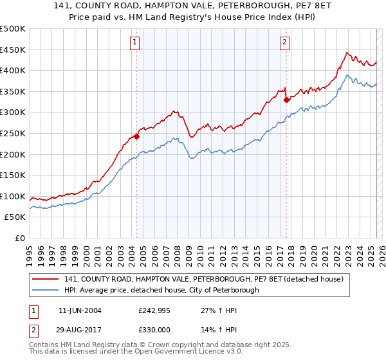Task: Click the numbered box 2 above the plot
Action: (284, 43)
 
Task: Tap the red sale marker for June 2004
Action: (137, 136)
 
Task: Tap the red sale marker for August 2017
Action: (286, 100)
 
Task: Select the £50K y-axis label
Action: (15, 217)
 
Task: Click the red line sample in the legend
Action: (45, 279)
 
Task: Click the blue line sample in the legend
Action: (45, 290)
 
